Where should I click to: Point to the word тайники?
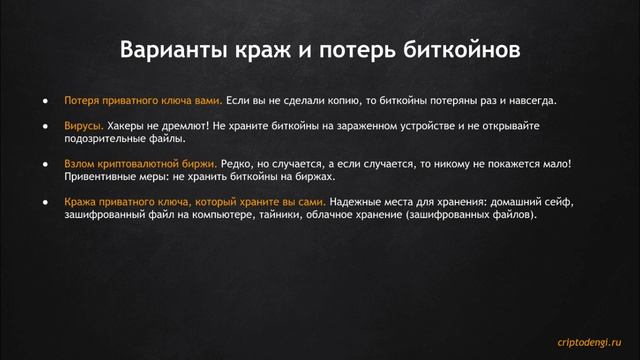point(290,215)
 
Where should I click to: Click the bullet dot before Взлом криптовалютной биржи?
point(46,162)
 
